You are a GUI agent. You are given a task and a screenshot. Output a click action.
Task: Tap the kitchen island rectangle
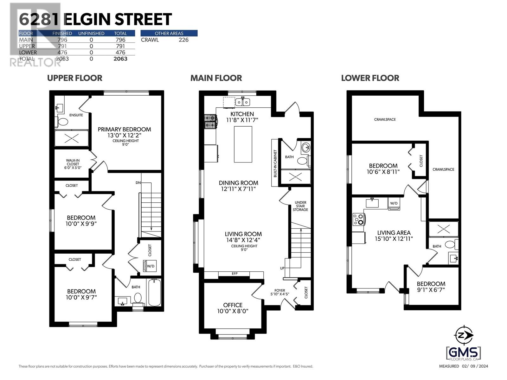[243, 144]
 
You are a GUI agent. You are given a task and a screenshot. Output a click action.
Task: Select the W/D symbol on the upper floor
[150, 265]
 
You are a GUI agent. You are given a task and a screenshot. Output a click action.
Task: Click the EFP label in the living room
[234, 274]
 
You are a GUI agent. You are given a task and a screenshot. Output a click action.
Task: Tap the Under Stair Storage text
[300, 206]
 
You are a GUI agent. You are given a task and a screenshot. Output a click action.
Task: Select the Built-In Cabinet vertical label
[275, 163]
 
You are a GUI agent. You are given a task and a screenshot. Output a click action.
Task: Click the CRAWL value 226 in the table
[183, 40]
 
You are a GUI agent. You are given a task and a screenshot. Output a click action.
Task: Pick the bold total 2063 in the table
[120, 59]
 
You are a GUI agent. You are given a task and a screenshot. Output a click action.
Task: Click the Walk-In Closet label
[73, 164]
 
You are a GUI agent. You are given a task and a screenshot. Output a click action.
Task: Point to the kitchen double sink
[242, 102]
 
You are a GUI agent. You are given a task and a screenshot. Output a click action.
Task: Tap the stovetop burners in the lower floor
[359, 219]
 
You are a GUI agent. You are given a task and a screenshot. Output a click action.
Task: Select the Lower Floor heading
[370, 78]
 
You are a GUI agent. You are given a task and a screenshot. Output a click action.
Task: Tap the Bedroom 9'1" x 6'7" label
[431, 286]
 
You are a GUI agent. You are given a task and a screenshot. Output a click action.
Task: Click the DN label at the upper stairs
[138, 183]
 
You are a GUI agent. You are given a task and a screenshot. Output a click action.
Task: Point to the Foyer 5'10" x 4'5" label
[279, 292]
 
